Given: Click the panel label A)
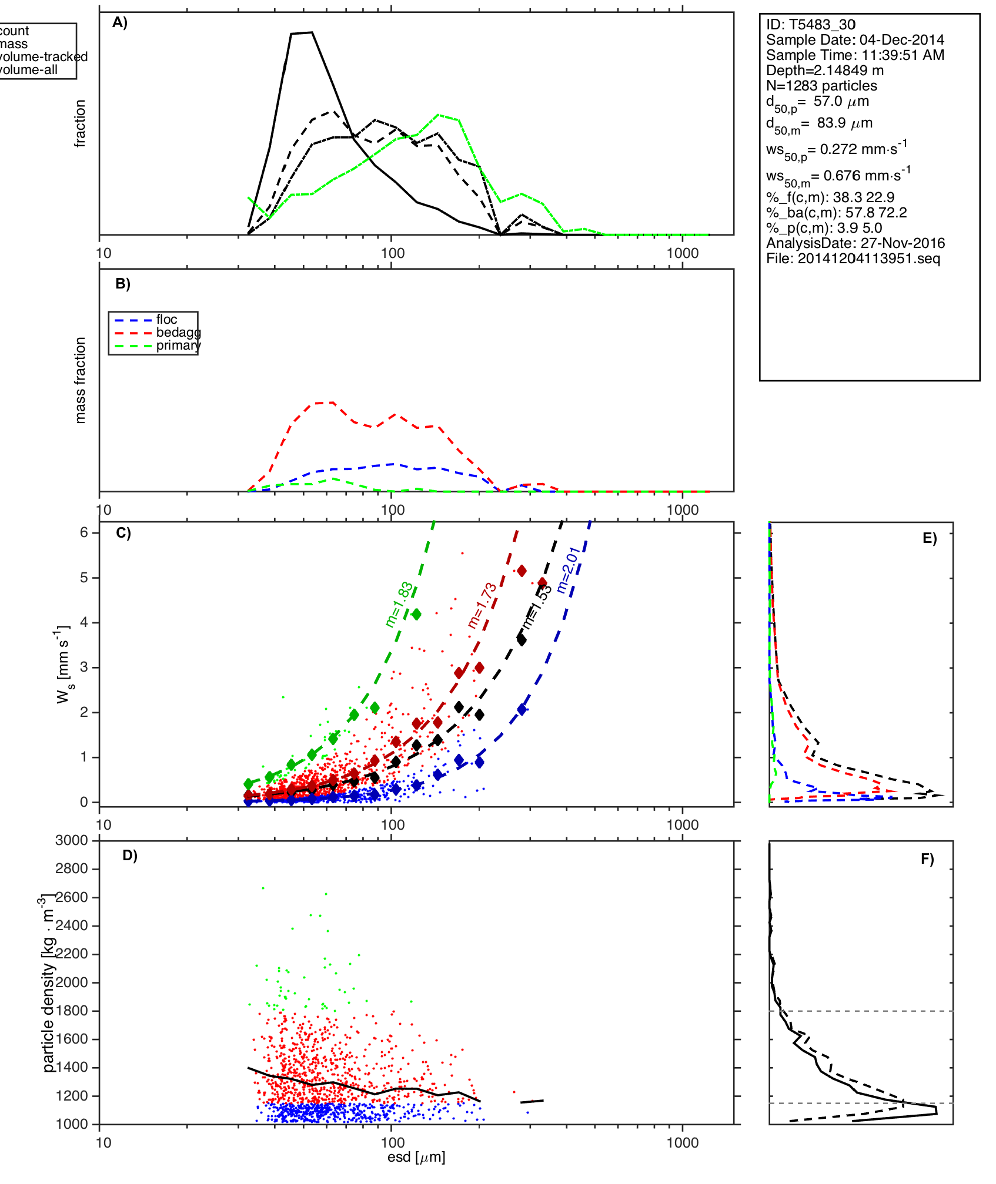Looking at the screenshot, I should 120,22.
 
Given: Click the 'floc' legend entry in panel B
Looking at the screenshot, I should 166,320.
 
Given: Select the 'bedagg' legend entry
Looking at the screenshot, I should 178,333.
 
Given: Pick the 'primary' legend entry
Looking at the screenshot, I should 178,346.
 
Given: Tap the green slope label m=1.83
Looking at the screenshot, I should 399,605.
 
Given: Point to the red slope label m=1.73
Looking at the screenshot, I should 482,606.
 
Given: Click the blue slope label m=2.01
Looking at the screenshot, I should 569,569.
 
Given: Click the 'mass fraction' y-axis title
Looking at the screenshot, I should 81,380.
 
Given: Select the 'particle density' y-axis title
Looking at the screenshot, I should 48,982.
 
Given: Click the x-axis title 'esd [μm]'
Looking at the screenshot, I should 416,1157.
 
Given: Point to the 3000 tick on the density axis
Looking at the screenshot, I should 71,840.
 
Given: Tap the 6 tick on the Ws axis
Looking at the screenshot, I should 84,532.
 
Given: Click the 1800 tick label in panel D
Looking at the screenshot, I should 71,1011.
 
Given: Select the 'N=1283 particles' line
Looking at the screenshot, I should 821,86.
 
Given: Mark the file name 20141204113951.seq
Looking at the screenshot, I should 868,259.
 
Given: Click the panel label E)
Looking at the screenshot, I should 930,538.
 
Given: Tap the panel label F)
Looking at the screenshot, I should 927,859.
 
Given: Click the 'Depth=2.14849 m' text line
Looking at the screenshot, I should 824,71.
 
